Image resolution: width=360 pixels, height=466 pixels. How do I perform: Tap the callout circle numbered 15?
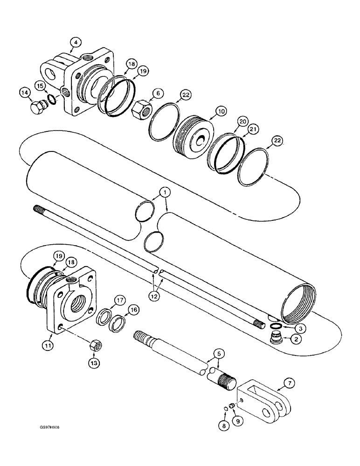[40, 85]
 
